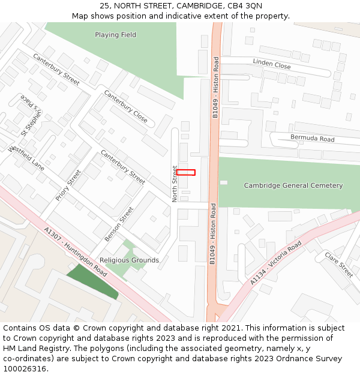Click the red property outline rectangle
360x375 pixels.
pos(185,172)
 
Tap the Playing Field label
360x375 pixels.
pos(115,35)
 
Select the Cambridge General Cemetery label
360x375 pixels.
pos(293,185)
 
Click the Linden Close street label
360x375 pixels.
pos(272,64)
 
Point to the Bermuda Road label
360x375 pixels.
pos(312,139)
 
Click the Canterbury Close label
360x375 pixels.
pos(125,106)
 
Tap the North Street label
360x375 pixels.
pos(175,184)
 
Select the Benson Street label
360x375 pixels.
pos(119,224)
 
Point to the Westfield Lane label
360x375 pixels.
pos(26,157)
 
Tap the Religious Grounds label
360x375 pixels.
pos(129,260)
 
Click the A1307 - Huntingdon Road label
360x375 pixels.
pos(76,251)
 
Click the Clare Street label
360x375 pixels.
pos(338,265)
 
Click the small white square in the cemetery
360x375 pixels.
pos(224,182)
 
